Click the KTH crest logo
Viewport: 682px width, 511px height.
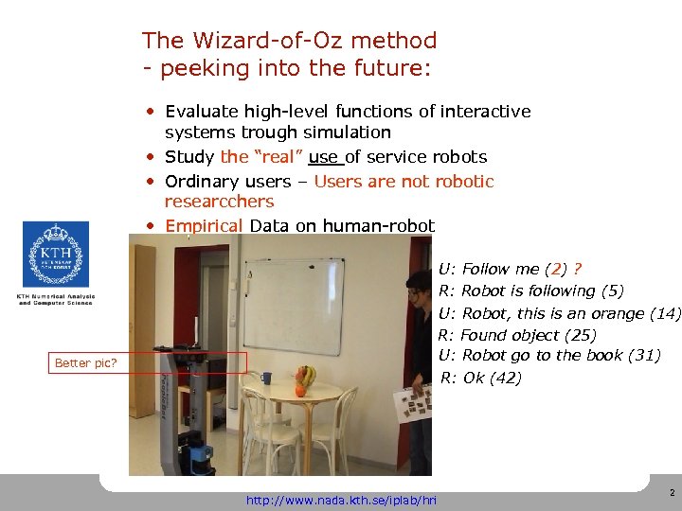(x=55, y=254)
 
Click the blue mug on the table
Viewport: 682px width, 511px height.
(x=267, y=379)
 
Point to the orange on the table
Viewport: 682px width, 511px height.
(x=300, y=390)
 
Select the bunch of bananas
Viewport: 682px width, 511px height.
(x=306, y=376)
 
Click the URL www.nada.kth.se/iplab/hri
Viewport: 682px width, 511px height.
(x=341, y=500)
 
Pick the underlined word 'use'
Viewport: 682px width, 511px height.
(x=323, y=157)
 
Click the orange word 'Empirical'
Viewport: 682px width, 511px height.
(x=205, y=225)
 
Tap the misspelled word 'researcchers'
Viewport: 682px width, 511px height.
(x=219, y=202)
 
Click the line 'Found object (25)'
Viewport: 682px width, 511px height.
(x=528, y=335)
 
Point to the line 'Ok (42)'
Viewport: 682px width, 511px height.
(x=494, y=378)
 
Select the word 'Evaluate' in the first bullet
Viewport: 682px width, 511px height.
(x=201, y=112)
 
